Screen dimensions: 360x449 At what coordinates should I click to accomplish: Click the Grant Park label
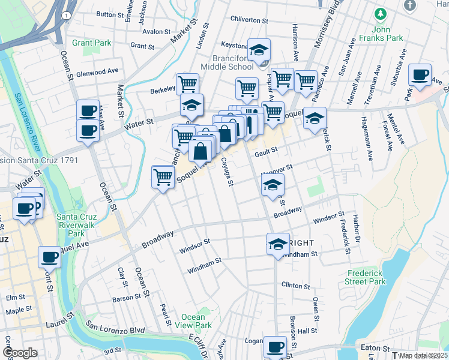[x=91, y=43]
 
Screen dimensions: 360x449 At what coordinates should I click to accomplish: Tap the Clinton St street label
[x=295, y=285]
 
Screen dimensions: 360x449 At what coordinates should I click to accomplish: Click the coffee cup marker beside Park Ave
[x=420, y=75]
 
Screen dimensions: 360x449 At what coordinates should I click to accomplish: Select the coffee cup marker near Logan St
[x=276, y=346]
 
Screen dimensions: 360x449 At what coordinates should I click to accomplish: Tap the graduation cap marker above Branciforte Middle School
[x=259, y=50]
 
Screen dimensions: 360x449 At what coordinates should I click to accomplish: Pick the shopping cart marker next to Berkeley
[x=187, y=83]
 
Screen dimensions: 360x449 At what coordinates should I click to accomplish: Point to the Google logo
[x=20, y=353]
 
